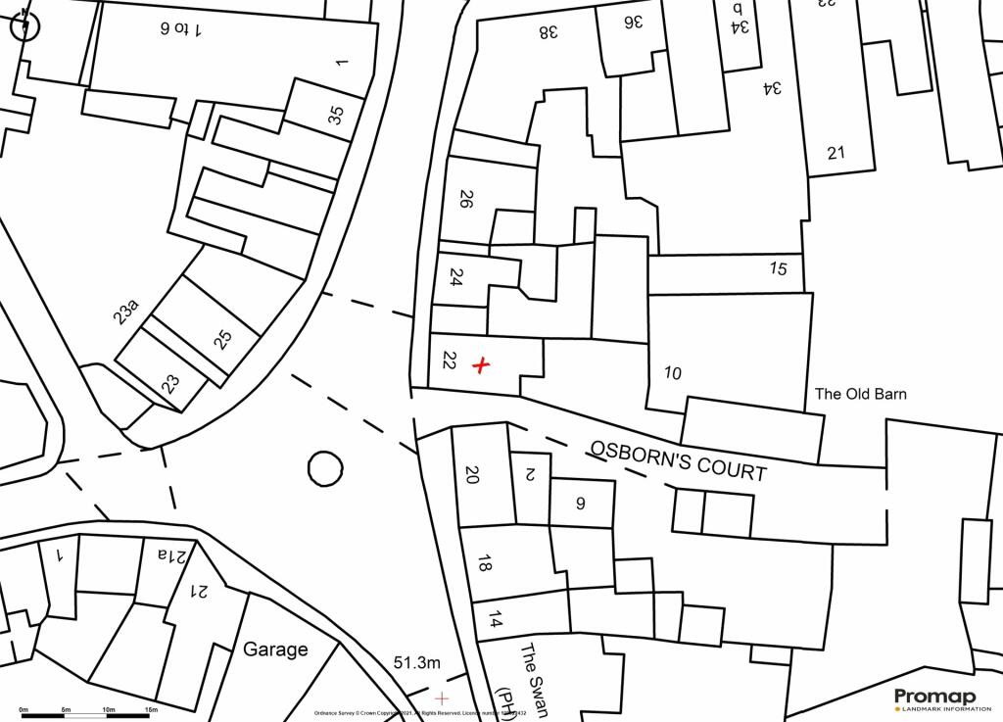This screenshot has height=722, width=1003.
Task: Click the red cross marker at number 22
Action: point(480,365)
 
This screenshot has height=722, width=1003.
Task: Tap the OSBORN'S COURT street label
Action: point(677,459)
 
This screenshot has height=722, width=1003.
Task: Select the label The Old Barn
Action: point(861,394)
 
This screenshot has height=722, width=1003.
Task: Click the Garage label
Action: point(275,649)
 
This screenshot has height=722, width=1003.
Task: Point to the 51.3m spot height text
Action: point(416,663)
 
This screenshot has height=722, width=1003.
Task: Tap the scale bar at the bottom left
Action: point(87,715)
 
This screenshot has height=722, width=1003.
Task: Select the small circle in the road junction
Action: point(325,468)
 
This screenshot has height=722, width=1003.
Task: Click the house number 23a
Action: point(126,313)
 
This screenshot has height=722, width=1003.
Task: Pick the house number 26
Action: point(466,200)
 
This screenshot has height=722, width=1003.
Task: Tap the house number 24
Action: point(455,277)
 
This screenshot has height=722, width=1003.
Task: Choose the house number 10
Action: point(672,372)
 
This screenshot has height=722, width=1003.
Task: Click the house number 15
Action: point(778,268)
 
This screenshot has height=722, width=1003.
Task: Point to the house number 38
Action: point(548,31)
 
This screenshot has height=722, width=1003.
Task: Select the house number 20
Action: point(471,475)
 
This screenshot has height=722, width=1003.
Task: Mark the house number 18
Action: point(484,563)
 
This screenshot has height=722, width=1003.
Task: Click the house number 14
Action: point(496,619)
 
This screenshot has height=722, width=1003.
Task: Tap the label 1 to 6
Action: point(181,28)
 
